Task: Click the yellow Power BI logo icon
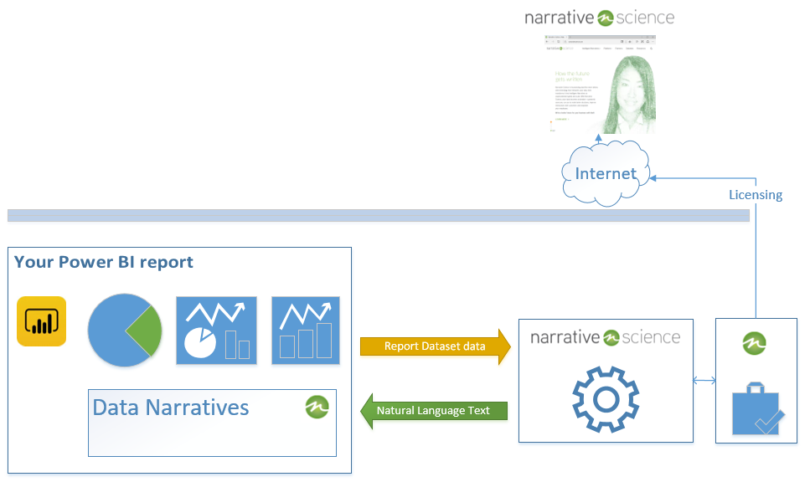41,321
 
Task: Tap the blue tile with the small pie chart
215,331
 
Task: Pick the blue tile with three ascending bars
306,331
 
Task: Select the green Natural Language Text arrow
434,411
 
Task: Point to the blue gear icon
605,398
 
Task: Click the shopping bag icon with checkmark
757,408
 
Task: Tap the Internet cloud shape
606,173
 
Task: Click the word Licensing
755,195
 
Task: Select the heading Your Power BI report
104,262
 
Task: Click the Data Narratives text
170,408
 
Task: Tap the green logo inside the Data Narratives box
317,407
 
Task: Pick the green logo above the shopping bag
756,343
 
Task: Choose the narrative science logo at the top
599,17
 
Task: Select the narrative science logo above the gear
605,337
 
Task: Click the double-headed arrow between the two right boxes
704,381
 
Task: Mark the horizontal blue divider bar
378,216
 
